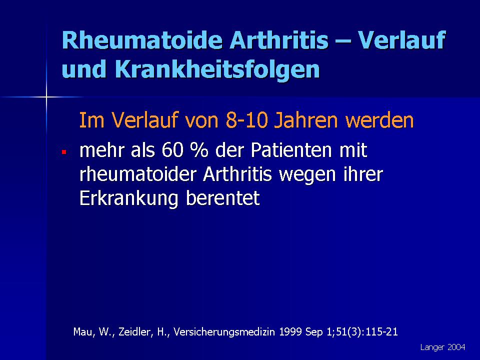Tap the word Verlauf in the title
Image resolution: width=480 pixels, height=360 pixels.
[x=401, y=40]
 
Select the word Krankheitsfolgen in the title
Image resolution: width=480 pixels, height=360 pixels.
[x=217, y=69]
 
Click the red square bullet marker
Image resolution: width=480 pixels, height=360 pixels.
[x=64, y=152]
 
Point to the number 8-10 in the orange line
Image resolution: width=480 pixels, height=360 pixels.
[x=247, y=120]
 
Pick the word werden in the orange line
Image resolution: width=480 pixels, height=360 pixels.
[x=379, y=120]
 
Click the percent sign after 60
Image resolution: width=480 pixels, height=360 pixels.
[x=199, y=150]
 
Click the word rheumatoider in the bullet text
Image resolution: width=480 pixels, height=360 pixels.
[x=138, y=174]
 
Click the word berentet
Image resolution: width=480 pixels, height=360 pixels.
[x=223, y=198]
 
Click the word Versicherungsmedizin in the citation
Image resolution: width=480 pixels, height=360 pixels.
[x=224, y=331]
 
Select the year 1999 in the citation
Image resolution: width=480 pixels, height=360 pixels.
[x=290, y=331]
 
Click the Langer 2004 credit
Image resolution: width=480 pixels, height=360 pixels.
[x=442, y=347]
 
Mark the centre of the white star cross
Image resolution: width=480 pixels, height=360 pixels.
[x=46, y=97]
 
